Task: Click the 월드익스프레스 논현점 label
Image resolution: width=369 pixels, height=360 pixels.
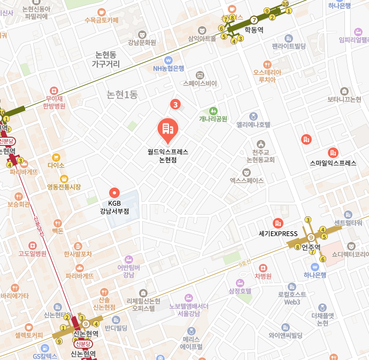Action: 168,155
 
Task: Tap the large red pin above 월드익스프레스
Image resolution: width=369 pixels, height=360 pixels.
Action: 167,130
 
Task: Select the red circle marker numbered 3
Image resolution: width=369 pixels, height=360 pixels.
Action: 174,104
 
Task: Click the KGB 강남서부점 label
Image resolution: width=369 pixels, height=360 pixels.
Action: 114,207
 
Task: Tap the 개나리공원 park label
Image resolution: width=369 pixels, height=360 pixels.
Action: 213,119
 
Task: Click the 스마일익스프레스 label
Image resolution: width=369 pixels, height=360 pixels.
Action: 333,163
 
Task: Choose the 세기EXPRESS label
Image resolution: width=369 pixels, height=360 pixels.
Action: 278,233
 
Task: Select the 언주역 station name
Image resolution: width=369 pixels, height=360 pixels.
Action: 311,247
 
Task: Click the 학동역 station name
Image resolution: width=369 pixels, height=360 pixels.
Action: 253,30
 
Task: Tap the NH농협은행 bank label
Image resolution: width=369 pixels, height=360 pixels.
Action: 168,68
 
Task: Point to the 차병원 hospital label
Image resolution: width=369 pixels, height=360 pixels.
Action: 263,276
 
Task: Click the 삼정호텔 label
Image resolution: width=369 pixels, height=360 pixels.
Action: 240,291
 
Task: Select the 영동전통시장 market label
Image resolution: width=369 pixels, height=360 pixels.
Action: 64,187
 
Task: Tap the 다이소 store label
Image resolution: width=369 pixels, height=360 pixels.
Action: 56,166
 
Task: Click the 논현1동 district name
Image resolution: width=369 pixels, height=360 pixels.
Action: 122,95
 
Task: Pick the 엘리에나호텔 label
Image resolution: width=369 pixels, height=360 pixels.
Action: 253,124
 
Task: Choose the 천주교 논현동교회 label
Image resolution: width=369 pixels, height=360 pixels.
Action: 260,156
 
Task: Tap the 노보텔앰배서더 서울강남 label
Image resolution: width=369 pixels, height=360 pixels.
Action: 188,309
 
